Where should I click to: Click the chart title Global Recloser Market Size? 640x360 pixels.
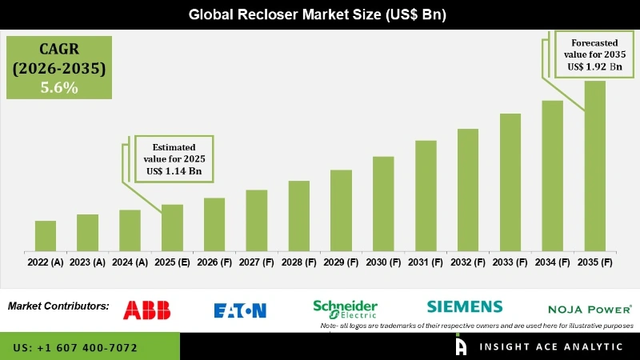(x=320, y=14)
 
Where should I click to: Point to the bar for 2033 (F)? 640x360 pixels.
(x=510, y=181)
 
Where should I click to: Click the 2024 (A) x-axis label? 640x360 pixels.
(x=130, y=262)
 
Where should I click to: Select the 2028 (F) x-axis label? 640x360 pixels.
(x=298, y=262)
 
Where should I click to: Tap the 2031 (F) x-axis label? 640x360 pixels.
(x=426, y=262)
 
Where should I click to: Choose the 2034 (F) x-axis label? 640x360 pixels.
(x=552, y=262)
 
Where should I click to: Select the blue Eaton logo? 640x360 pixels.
(x=240, y=310)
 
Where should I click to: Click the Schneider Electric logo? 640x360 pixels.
(x=345, y=309)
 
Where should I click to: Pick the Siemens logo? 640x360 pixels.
(x=465, y=306)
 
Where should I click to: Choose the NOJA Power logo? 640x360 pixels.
(x=590, y=309)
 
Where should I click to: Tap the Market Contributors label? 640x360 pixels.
(x=58, y=306)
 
